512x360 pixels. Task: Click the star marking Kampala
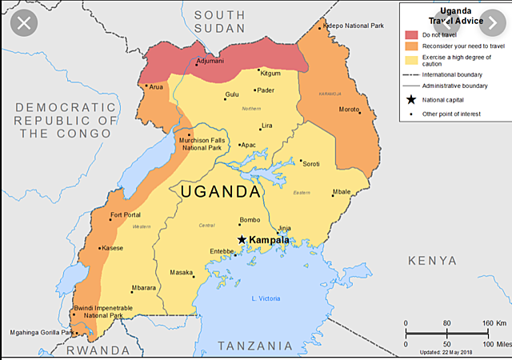coord(242,239)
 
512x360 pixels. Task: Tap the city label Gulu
coord(231,94)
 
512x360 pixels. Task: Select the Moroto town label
coord(349,109)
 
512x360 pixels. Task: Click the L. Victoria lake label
coord(266,298)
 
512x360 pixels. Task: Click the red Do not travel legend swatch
coord(412,34)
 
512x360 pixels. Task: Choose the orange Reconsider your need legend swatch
coord(412,46)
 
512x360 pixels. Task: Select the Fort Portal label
coord(126,214)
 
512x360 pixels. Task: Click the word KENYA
coord(432,261)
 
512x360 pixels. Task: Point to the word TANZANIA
coord(256,346)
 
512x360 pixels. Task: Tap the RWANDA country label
coord(98,350)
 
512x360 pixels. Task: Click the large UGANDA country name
coord(220,192)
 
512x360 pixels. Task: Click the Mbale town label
coord(342,192)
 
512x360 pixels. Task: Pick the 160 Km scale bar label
coord(488,323)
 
